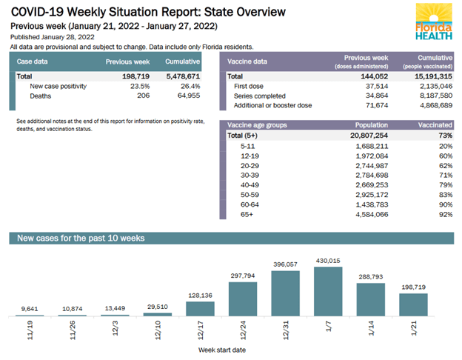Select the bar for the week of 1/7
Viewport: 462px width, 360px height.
[x=328, y=292]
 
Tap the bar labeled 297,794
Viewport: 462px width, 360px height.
[x=243, y=300]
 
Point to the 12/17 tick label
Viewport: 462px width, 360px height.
[x=200, y=328]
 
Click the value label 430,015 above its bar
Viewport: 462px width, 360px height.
[x=328, y=261]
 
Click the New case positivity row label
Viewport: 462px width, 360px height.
[x=58, y=87]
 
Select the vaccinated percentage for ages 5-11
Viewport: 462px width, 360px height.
[x=443, y=147]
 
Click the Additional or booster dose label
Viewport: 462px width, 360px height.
[x=272, y=106]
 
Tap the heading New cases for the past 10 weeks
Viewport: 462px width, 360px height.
[x=81, y=239]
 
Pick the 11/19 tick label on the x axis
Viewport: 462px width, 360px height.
[x=29, y=328]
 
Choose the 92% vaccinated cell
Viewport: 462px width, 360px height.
[x=443, y=215]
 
